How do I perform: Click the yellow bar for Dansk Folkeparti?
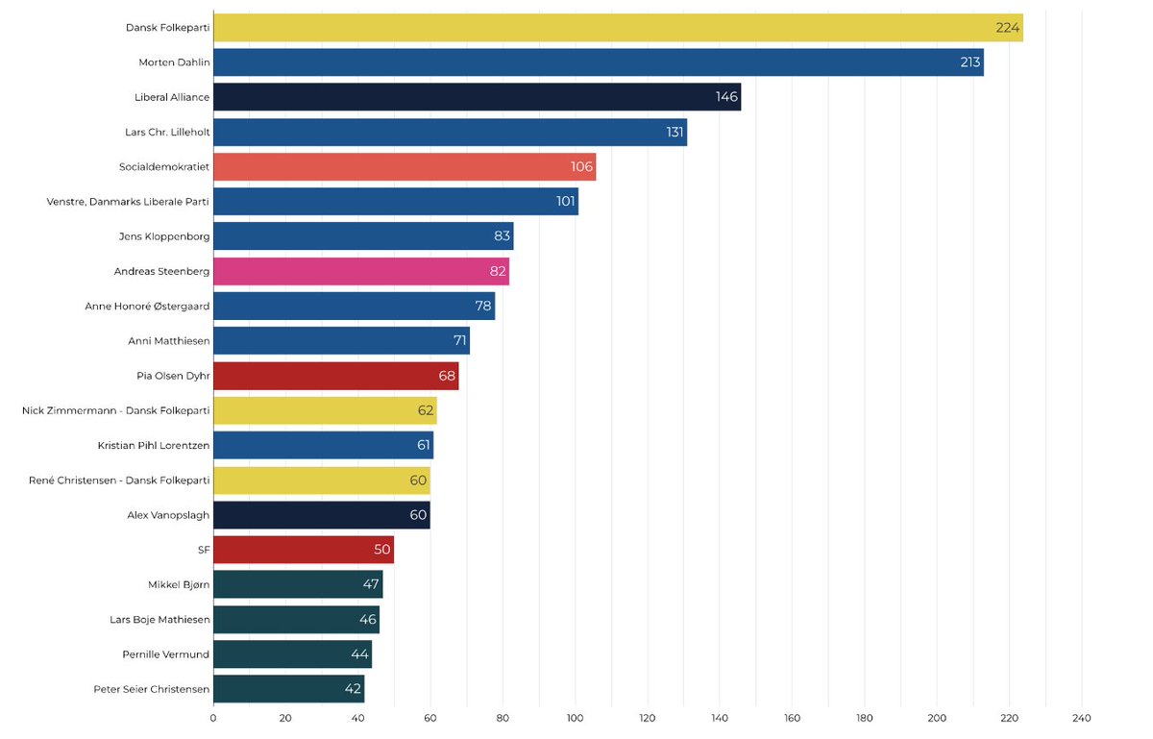click(x=618, y=27)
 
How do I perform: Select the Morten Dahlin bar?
click(x=599, y=62)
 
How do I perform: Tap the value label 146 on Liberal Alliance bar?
click(x=726, y=97)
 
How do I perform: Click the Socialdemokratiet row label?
click(x=164, y=167)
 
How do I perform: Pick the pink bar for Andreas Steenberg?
click(x=361, y=271)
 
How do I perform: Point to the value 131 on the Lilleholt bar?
click(x=675, y=132)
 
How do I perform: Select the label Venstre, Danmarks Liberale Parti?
click(x=128, y=202)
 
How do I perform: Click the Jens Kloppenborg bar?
click(x=363, y=235)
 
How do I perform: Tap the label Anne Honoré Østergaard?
click(x=147, y=306)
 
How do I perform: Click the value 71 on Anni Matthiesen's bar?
click(x=459, y=340)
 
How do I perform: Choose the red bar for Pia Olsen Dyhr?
click(x=336, y=376)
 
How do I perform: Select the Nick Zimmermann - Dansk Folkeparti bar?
click(x=326, y=410)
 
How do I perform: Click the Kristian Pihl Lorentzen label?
click(x=154, y=446)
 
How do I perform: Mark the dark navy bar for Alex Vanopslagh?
click(x=322, y=515)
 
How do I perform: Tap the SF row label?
click(x=204, y=550)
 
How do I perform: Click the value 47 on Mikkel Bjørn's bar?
click(x=371, y=584)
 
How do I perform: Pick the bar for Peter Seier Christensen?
click(x=289, y=689)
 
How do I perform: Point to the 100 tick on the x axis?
click(x=575, y=718)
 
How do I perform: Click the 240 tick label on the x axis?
click(x=1082, y=718)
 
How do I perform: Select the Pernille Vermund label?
click(x=165, y=654)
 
